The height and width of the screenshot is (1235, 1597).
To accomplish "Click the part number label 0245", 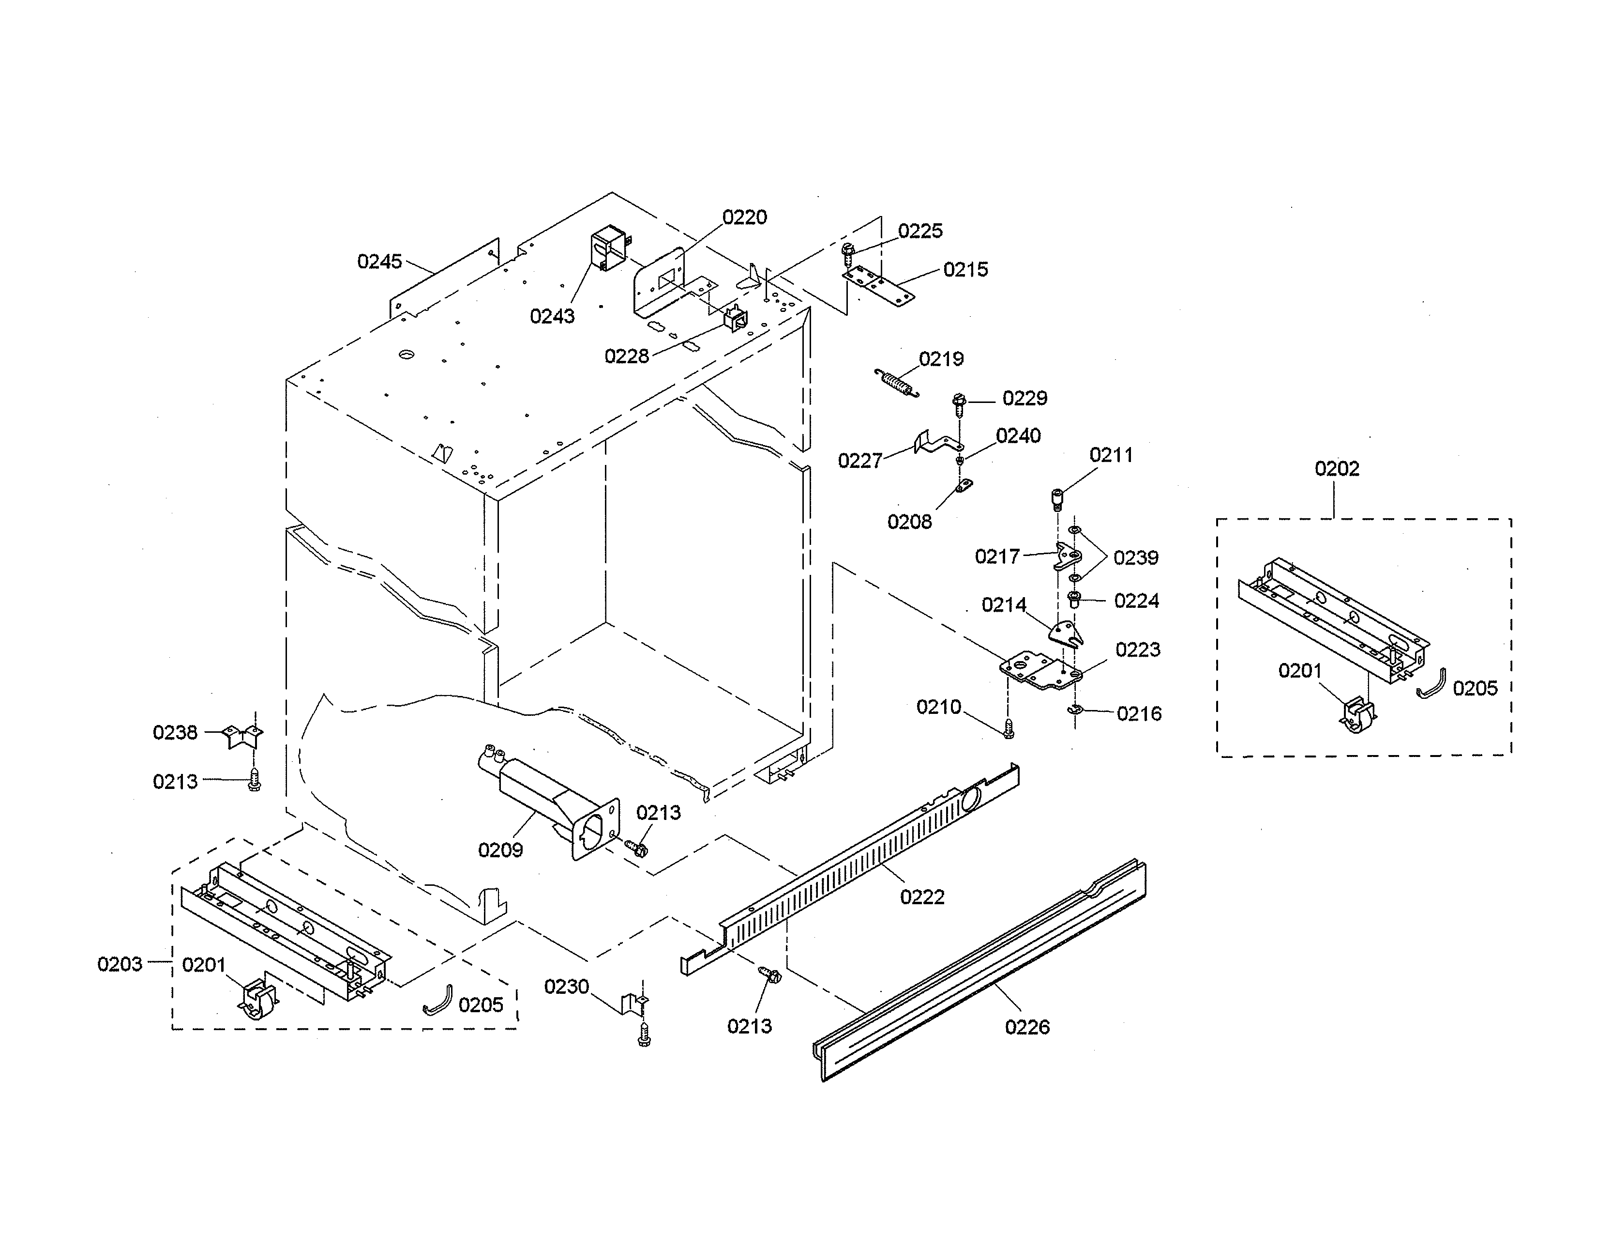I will [379, 262].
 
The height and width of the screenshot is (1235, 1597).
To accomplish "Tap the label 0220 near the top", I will [744, 217].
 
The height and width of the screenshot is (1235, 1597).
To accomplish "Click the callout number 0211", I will [1111, 455].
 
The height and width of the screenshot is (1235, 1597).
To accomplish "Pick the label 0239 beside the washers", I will [1136, 558].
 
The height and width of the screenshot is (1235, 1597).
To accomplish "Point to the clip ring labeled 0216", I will [1075, 709].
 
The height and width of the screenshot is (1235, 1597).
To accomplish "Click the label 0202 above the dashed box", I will [1337, 469].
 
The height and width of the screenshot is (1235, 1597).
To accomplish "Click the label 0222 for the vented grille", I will [922, 897].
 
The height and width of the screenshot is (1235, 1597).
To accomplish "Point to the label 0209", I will [500, 850].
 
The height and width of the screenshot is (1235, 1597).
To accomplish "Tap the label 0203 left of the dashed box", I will [120, 964].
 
